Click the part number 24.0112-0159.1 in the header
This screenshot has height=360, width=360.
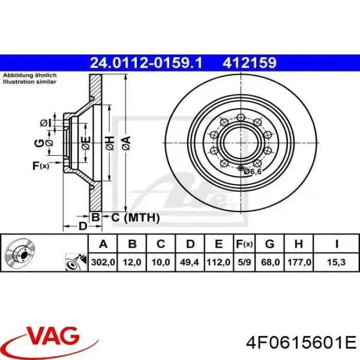[146, 63]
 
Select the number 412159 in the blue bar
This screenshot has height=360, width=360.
[249, 63]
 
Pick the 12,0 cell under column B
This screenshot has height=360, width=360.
[132, 262]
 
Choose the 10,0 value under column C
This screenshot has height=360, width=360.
[161, 262]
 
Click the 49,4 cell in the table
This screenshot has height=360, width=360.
[190, 262]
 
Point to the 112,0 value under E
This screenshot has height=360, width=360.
[219, 262]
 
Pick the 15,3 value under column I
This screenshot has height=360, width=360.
[337, 262]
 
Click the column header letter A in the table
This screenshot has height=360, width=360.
[103, 244]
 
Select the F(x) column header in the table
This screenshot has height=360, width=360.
[244, 244]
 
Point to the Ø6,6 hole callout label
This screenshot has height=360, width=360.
[253, 171]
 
